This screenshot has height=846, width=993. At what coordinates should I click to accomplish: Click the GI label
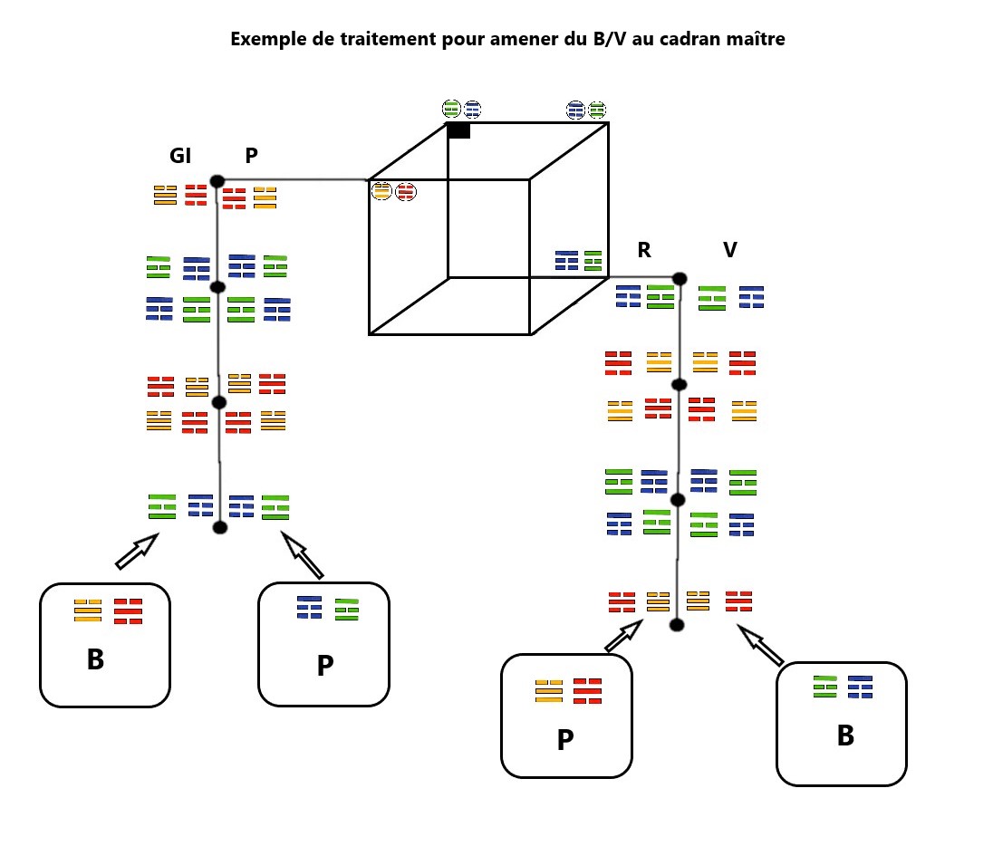pos(180,155)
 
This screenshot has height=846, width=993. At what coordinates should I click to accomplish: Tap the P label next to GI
pos(251,155)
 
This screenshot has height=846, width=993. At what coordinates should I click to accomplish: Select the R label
pos(644,250)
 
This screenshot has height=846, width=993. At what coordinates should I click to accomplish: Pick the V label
pos(730,250)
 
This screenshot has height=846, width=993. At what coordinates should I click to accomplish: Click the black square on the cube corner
pos(459,130)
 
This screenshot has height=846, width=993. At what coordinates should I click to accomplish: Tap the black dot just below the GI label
pos(217,181)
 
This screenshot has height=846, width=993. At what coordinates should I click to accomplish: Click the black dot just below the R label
pos(680,279)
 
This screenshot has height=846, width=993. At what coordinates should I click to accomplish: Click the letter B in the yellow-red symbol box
pos(96,659)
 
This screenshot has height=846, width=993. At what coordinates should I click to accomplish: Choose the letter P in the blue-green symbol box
pos(325,666)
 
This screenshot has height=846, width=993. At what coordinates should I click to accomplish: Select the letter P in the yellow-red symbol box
pos(565,740)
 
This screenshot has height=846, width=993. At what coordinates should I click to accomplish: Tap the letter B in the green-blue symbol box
pos(845,735)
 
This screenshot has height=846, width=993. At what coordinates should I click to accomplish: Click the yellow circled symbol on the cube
pos(381,190)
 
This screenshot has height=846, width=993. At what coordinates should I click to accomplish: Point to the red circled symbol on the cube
pos(405,191)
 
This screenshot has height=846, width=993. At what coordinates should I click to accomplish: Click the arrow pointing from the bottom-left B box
pos(137,551)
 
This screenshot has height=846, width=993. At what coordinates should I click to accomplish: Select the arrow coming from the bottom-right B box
pos(760,646)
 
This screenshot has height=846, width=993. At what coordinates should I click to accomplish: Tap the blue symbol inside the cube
pos(567,260)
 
